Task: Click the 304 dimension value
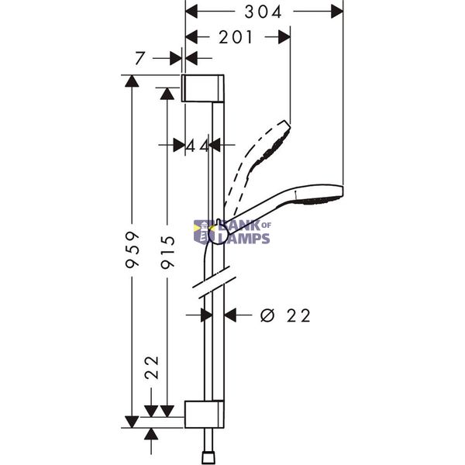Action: coord(263,12)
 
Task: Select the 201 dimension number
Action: coord(236,37)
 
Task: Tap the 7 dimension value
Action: coord(139,58)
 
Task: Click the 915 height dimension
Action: coord(168,252)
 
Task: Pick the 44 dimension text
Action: coord(197,146)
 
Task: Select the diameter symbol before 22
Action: coord(267,315)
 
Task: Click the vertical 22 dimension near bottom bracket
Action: coord(152,367)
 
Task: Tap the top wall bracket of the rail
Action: coord(202,88)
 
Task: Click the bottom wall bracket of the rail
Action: coord(205,415)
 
